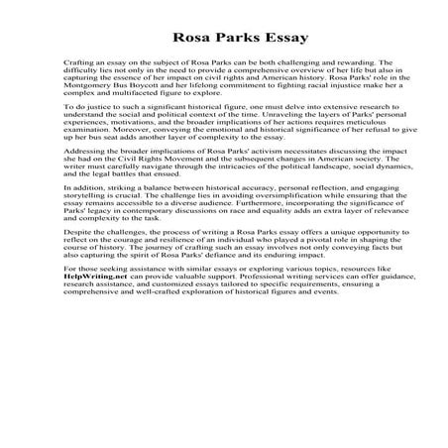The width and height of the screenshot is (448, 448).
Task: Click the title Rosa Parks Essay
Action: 223,32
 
